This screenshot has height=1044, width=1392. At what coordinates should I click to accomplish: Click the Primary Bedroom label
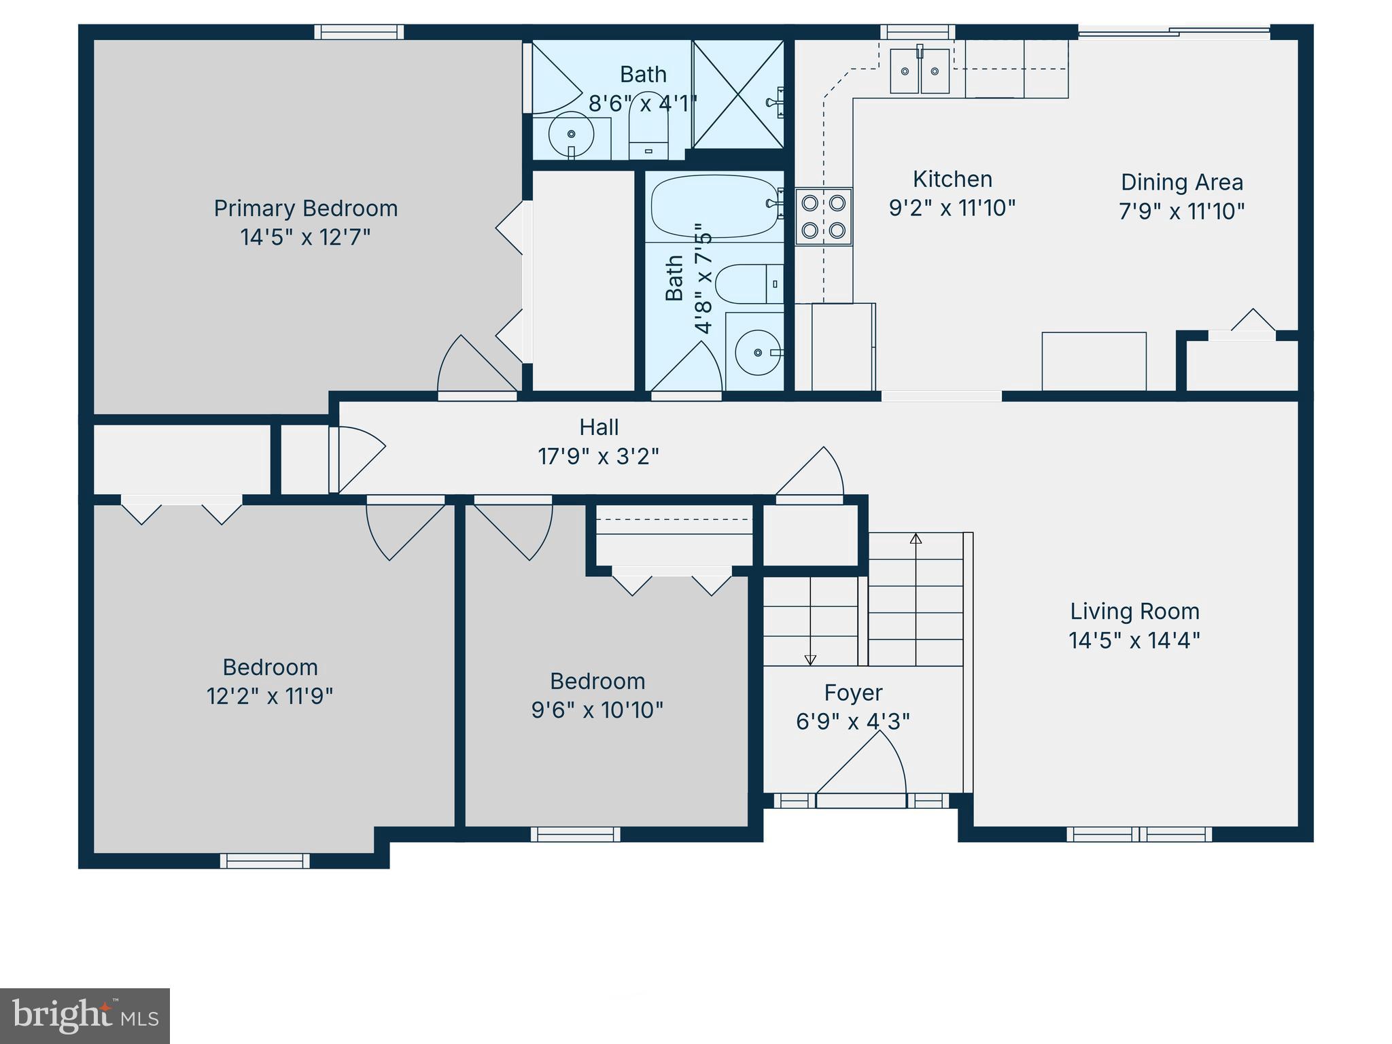(305, 208)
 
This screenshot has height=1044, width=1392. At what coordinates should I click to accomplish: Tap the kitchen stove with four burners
(823, 216)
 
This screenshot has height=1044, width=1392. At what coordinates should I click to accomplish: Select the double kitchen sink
(920, 71)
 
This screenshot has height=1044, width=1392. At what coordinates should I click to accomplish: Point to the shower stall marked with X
(738, 94)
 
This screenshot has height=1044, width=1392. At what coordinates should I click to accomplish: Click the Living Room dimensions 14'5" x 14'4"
(1134, 640)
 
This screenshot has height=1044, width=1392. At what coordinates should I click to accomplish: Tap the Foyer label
(853, 693)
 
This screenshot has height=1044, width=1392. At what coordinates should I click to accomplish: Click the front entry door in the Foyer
(860, 799)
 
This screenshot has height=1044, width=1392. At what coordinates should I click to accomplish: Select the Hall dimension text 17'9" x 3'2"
(598, 456)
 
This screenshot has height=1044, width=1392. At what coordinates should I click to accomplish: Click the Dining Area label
(1181, 182)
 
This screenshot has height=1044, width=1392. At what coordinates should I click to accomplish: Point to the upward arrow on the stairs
(916, 539)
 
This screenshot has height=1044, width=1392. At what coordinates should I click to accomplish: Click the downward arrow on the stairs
(810, 659)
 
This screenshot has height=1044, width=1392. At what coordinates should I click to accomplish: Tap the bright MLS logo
(85, 1016)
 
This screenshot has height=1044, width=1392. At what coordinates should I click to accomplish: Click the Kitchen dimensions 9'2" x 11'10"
(952, 208)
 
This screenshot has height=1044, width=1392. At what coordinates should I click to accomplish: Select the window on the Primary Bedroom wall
(359, 32)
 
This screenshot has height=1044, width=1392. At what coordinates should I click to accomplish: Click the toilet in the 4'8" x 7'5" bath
(748, 284)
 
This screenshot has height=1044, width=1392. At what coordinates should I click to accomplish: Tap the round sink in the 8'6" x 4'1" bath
(570, 135)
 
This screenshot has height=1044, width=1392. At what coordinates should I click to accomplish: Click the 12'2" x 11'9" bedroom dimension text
(270, 696)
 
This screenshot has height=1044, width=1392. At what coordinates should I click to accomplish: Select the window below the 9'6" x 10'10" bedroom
(575, 834)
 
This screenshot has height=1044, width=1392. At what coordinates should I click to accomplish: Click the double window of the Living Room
(1138, 834)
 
